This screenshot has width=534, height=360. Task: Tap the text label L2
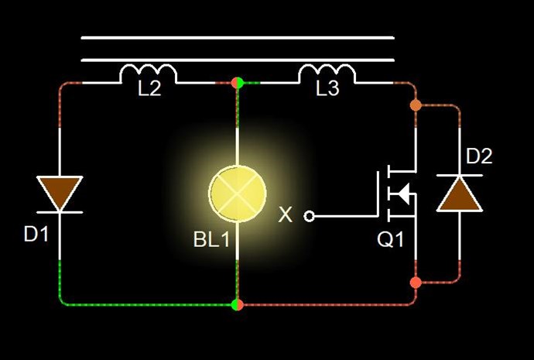click(x=149, y=88)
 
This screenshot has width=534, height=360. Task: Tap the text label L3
click(x=327, y=88)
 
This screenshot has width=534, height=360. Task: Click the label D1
click(x=36, y=235)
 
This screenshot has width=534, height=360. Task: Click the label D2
click(x=479, y=156)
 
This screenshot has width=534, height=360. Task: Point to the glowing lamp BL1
click(x=238, y=193)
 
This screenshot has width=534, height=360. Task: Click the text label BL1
click(x=212, y=239)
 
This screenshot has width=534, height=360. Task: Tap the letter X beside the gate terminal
click(x=285, y=215)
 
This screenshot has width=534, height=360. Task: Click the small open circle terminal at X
click(x=309, y=216)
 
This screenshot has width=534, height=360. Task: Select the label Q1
click(x=390, y=239)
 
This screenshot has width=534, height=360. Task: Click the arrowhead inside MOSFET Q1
click(x=403, y=194)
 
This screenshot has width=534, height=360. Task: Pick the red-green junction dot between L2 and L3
click(x=238, y=83)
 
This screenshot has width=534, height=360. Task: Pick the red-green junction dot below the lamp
click(x=238, y=304)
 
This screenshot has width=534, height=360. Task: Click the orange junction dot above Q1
click(x=416, y=105)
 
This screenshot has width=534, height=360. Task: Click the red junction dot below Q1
click(x=416, y=283)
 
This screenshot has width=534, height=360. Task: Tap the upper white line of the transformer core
click(x=238, y=38)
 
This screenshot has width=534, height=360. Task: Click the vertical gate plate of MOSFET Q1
click(x=378, y=193)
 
